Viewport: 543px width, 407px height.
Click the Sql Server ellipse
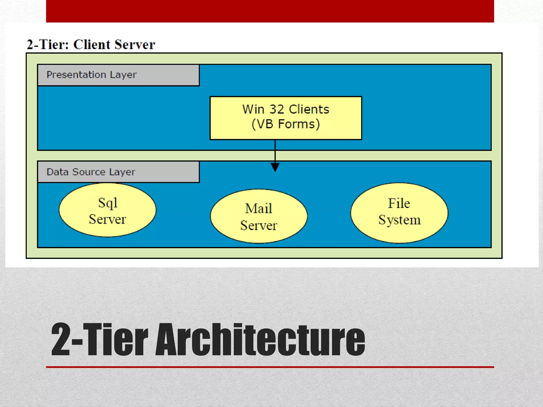click(x=107, y=210)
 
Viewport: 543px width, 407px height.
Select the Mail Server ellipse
click(x=259, y=216)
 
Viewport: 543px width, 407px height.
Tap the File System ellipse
click(x=399, y=213)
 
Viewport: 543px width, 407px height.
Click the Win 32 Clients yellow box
click(x=286, y=118)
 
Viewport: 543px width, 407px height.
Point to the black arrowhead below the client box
click(x=275, y=167)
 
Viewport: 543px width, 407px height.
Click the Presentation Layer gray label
click(x=118, y=75)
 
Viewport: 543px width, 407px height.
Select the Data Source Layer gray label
click(x=118, y=172)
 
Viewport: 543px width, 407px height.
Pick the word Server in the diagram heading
click(x=135, y=45)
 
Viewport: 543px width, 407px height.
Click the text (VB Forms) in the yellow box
click(x=286, y=124)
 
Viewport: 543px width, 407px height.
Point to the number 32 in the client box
click(x=277, y=109)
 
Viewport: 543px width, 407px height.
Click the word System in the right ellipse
click(x=399, y=220)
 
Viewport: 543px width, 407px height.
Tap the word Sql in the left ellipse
click(x=108, y=203)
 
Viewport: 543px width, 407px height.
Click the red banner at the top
click(x=270, y=11)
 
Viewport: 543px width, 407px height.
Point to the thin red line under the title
click(x=270, y=367)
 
